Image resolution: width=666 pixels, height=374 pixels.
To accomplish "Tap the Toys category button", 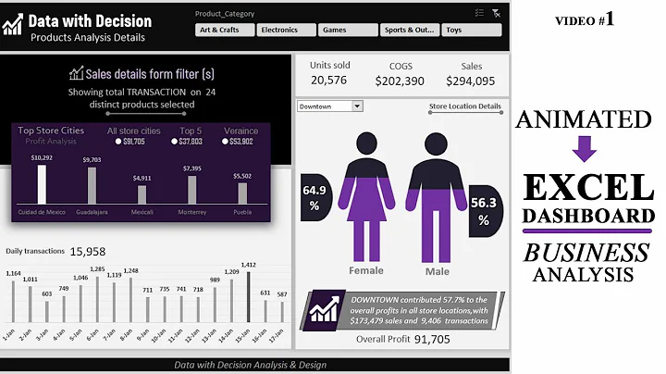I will pyautogui.click(x=470, y=30).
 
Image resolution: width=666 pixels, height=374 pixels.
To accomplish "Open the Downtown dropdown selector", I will pyautogui.click(x=329, y=106).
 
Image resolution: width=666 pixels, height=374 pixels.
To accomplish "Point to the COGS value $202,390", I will pyautogui.click(x=400, y=81).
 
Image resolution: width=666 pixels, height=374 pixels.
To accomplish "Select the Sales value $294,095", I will pyautogui.click(x=472, y=81).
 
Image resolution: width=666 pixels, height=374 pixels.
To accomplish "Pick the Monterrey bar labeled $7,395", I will pyautogui.click(x=191, y=189).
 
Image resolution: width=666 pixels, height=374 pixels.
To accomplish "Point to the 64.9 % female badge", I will pyautogui.click(x=315, y=197).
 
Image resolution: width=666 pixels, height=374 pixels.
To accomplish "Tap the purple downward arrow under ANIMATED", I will pyautogui.click(x=585, y=148).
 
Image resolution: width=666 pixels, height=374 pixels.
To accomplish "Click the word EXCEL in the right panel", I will pyautogui.click(x=585, y=188).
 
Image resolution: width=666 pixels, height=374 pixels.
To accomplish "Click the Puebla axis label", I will pyautogui.click(x=242, y=212).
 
